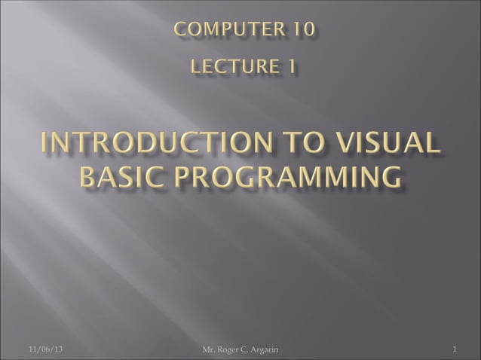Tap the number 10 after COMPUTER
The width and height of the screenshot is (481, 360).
305,31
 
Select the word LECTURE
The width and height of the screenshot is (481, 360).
229,69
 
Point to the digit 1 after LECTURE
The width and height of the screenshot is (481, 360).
289,69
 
